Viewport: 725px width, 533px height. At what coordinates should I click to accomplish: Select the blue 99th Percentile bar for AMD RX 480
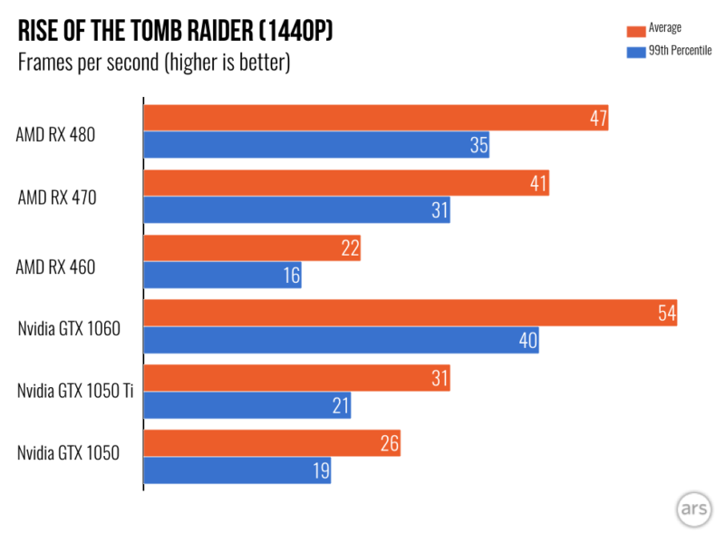click(316, 145)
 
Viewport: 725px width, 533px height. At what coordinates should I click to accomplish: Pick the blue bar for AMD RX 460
click(222, 276)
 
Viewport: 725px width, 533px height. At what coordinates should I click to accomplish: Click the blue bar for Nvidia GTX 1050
click(237, 471)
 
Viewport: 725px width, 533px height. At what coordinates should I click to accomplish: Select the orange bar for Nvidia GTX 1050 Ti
click(296, 379)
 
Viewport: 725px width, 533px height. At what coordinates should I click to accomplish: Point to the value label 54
click(665, 314)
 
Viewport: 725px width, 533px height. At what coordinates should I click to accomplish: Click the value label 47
click(596, 118)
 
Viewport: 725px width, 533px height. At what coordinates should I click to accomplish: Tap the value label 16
click(290, 276)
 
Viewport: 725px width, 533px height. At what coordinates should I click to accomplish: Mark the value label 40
click(527, 341)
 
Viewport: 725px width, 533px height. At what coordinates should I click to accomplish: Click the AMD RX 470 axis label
click(57, 197)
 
